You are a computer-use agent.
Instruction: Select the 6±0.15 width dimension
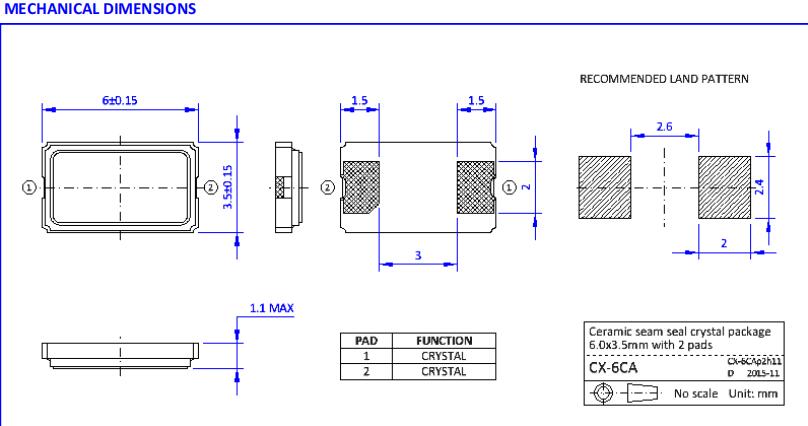(x=120, y=101)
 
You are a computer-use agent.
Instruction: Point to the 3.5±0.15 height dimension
(x=228, y=186)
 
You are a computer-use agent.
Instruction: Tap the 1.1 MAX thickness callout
(x=271, y=308)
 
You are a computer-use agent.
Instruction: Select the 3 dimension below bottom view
(x=418, y=257)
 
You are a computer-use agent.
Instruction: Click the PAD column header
(x=365, y=340)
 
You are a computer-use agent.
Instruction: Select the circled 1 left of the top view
(x=29, y=187)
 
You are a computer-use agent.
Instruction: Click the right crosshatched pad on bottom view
(x=475, y=187)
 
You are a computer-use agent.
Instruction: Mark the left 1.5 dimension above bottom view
(x=360, y=101)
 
